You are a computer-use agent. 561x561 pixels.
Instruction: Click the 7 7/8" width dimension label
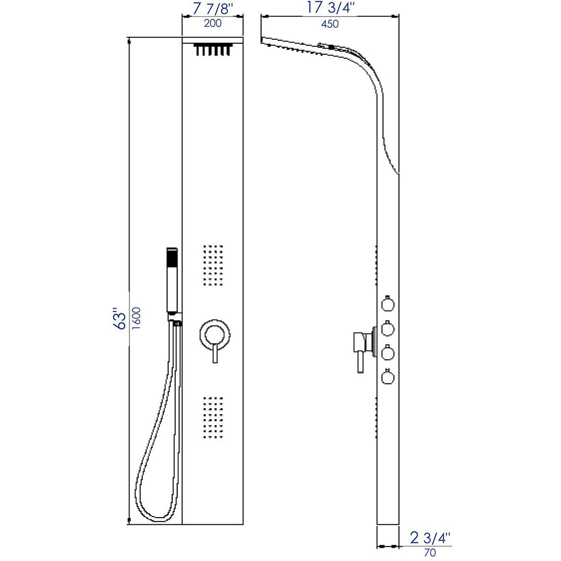point(213,9)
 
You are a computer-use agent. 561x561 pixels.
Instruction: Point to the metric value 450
point(330,24)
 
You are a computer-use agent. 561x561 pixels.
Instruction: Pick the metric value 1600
point(137,319)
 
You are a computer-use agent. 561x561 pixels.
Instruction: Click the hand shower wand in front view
point(172,280)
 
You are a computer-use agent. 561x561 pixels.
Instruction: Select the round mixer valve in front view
point(216,334)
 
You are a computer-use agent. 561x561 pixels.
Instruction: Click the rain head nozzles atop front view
point(213,50)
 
